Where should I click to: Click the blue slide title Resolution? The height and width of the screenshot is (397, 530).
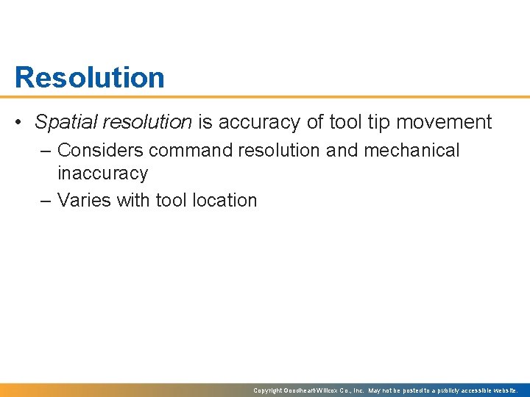(89, 77)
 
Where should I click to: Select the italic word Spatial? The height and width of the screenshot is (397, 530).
(65, 122)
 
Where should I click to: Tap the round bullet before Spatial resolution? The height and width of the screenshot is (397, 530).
(21, 122)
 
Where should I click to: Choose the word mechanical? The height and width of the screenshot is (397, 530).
(409, 151)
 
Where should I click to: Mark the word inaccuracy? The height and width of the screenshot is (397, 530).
(102, 174)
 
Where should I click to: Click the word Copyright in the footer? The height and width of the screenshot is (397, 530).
(268, 390)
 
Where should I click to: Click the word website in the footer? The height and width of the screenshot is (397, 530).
(504, 390)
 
